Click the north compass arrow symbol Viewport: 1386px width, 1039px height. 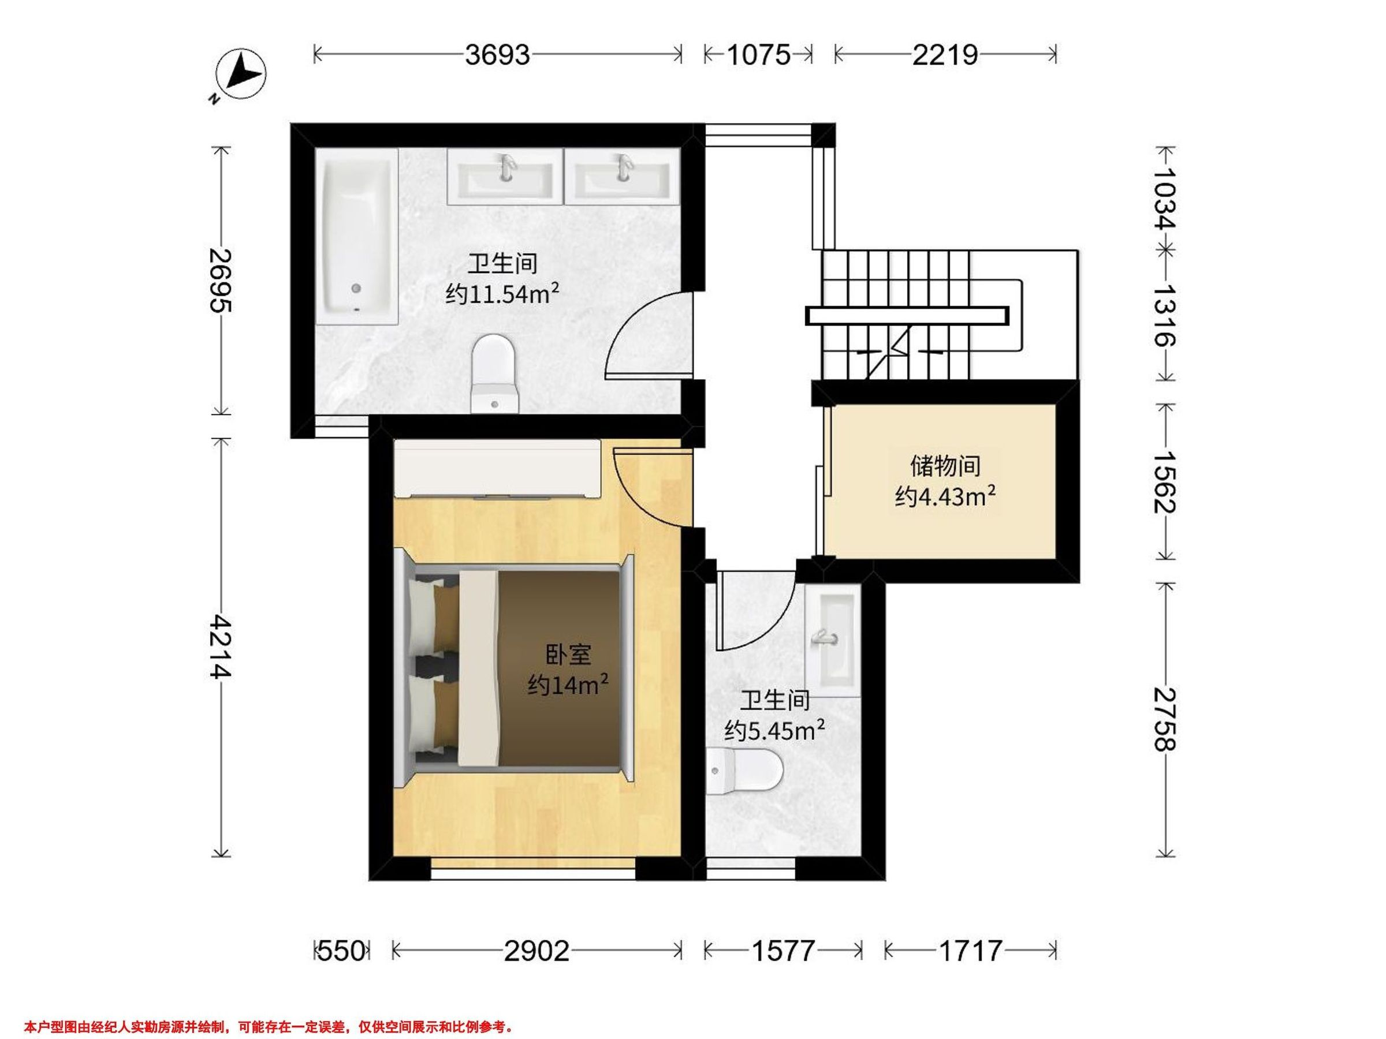click(241, 74)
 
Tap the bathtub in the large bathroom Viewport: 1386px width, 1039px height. click(357, 237)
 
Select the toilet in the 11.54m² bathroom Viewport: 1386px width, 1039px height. click(495, 374)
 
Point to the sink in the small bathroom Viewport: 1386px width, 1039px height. click(837, 640)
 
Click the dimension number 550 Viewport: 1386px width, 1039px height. click(341, 951)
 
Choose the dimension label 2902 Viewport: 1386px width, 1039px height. click(537, 951)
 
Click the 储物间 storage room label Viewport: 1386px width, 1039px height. click(945, 466)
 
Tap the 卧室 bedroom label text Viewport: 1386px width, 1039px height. click(568, 655)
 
